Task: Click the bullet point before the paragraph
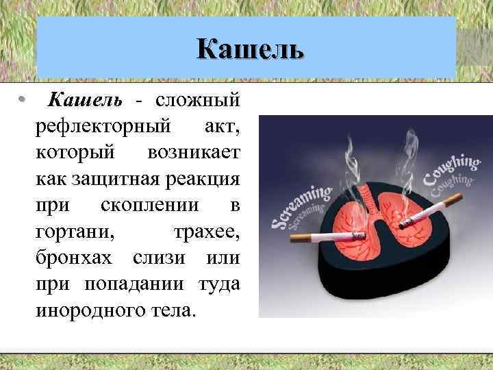(23, 101)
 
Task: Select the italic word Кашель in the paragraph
(83, 101)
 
